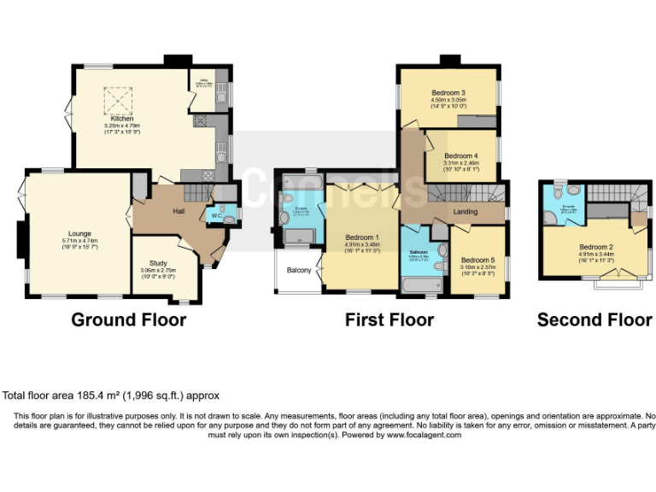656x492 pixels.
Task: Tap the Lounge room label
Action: pos(79,232)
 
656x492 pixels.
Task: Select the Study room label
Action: pos(158,262)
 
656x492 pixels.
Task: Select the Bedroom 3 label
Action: pos(448,92)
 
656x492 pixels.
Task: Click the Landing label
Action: pos(465,211)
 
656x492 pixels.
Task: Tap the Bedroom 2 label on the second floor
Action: pos(597,246)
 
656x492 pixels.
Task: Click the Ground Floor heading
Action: pos(128,320)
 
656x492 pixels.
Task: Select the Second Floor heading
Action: pos(594,320)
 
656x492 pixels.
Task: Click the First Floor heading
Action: pos(389,320)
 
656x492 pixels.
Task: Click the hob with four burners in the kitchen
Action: pos(202,121)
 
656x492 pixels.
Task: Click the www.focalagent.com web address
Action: pos(423,435)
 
